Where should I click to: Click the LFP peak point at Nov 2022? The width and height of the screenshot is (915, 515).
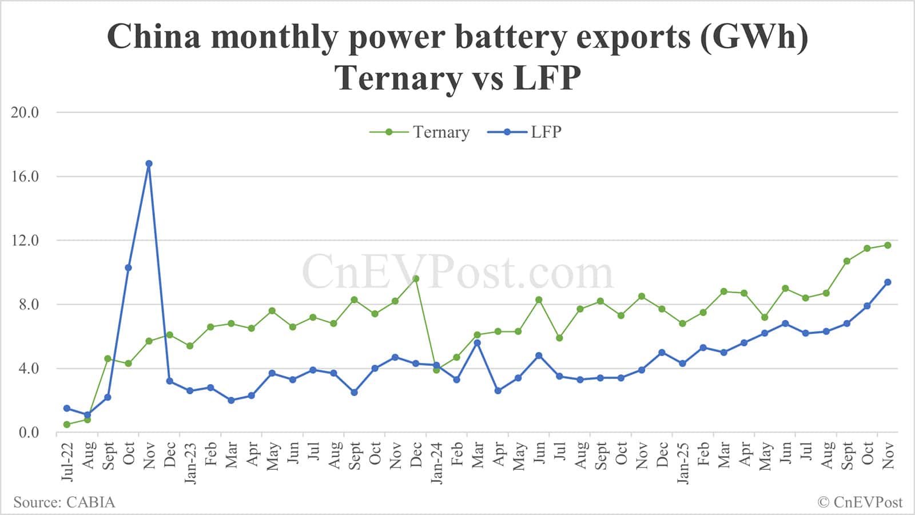point(149,163)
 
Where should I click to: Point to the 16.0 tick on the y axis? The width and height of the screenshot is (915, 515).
point(25,177)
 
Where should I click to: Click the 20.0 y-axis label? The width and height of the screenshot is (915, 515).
point(25,113)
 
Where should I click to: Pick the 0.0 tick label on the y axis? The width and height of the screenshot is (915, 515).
point(29,433)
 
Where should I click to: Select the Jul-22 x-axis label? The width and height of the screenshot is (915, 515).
point(67,461)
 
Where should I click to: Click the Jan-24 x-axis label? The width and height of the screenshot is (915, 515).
point(436,462)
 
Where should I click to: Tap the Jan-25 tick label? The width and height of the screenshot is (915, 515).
point(682,462)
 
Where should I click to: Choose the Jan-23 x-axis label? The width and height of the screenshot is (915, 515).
point(190,462)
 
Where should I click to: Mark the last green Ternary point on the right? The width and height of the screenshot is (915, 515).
point(888,245)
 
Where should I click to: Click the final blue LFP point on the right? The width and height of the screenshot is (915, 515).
point(888,282)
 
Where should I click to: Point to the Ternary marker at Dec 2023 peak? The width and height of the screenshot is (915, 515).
point(416,279)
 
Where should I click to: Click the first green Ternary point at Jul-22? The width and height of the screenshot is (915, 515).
point(67,424)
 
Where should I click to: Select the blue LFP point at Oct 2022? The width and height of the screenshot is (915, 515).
point(128,268)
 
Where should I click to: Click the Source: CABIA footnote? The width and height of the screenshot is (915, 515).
point(64,502)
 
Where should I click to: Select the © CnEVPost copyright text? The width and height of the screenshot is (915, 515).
point(860,502)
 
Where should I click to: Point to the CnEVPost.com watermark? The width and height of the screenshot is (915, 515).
point(457,273)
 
